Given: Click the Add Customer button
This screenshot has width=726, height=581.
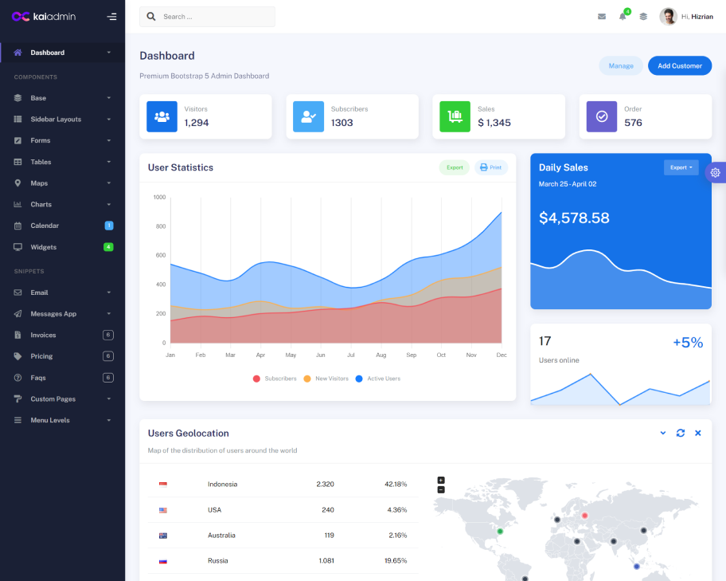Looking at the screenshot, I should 680,65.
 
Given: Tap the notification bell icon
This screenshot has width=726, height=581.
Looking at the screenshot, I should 623,17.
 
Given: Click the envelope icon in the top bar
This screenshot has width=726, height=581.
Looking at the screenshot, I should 602,17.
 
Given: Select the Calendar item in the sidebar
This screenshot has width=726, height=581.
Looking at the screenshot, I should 45,226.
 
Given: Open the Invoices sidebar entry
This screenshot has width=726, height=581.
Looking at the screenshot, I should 43,335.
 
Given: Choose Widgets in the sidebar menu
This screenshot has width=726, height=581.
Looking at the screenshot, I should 44,247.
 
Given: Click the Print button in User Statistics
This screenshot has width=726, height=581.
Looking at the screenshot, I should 491,167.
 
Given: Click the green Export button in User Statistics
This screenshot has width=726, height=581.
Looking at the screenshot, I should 455,167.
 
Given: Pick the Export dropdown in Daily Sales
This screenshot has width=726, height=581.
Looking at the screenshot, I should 681,167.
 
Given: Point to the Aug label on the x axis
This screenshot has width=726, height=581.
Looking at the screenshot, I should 381,355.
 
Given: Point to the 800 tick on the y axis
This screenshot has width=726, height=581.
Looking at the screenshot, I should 159,226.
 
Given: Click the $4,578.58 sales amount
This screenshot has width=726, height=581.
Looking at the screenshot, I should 574,218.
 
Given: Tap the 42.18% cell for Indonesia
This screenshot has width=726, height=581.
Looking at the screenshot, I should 396,484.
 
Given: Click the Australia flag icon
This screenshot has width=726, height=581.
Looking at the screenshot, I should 163,535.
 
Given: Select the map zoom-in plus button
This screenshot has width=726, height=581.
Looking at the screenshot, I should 441,480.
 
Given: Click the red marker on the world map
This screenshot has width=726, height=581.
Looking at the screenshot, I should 584,515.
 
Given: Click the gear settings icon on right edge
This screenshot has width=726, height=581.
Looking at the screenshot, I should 715,172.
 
